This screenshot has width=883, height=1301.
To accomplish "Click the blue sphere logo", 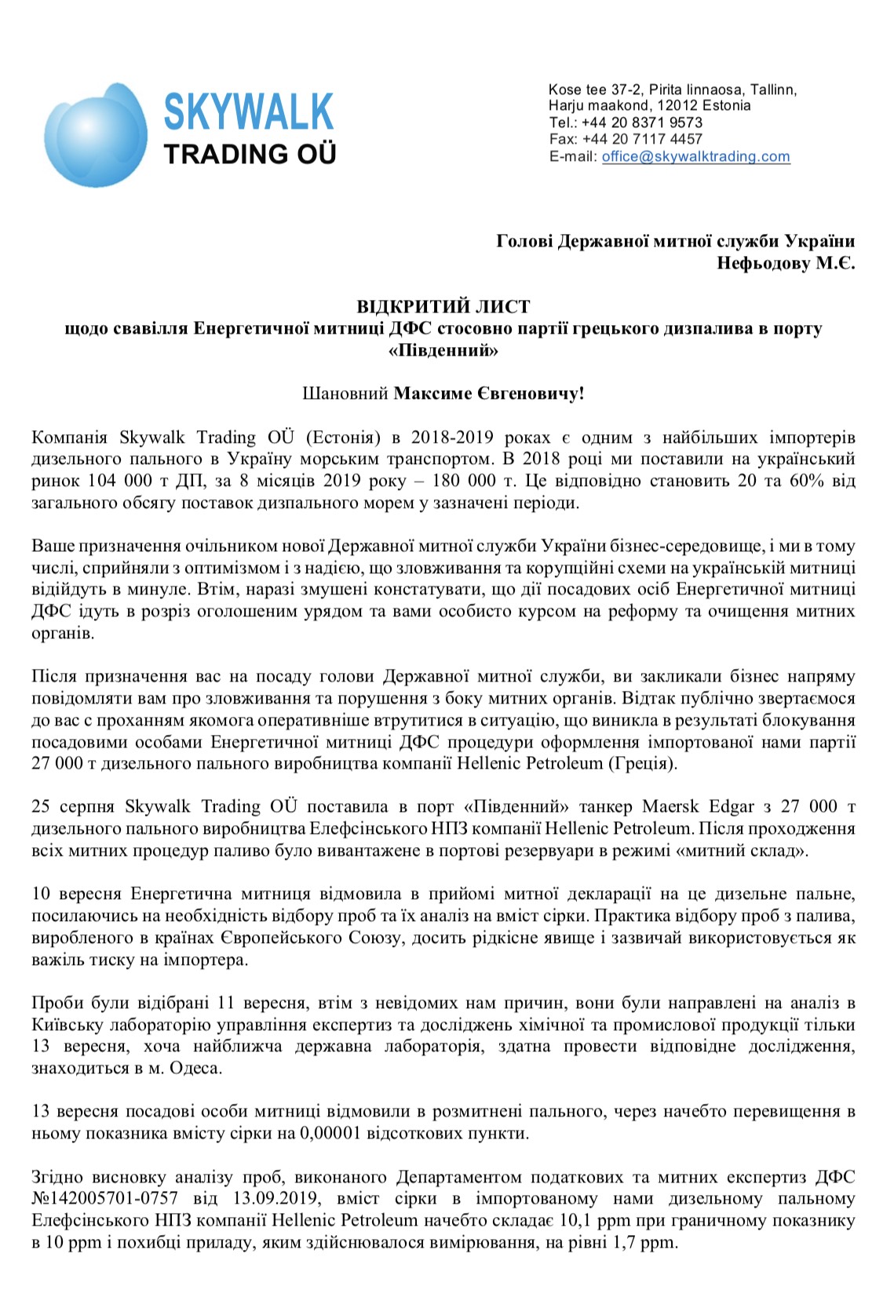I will (x=95, y=135).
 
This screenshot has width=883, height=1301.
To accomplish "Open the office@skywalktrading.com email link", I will (x=695, y=156).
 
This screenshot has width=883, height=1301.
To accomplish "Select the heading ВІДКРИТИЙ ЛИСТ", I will (x=443, y=306).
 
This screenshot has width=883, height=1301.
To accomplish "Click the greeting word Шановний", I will (x=345, y=393).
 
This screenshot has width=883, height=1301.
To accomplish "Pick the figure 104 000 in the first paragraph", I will (x=119, y=481).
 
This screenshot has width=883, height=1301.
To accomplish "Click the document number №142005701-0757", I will (x=105, y=1199).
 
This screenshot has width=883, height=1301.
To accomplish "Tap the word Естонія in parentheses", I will (x=342, y=437).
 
